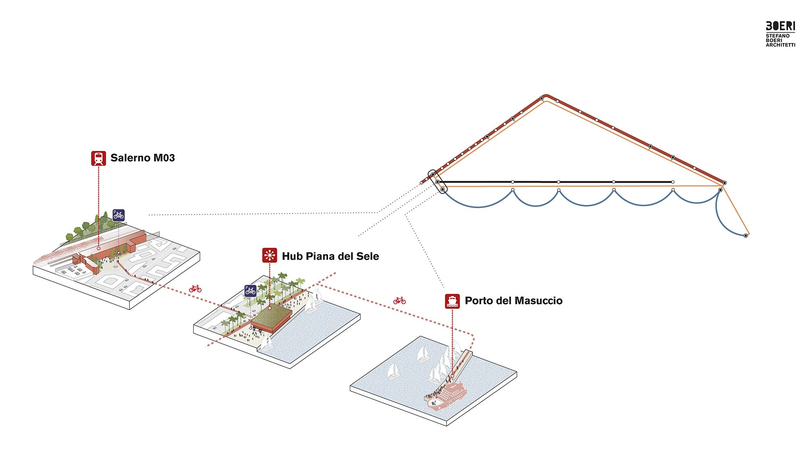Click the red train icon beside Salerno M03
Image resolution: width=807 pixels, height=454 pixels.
(98, 158)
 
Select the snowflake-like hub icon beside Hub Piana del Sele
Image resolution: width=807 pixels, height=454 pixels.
(270, 255)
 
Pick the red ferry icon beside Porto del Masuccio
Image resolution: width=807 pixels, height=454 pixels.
(452, 301)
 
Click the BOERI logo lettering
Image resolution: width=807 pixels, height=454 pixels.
(780, 26)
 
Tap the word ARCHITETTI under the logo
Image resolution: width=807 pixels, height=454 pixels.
(780, 45)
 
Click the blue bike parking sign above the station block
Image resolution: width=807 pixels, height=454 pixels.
(119, 215)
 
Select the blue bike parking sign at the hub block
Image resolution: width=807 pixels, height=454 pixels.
(250, 291)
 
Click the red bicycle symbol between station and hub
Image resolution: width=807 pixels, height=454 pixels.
(195, 289)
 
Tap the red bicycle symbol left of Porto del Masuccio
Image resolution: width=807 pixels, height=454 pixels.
(399, 301)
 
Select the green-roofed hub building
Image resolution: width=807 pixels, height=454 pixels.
(272, 317)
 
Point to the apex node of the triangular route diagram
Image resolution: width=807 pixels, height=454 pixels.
(542, 98)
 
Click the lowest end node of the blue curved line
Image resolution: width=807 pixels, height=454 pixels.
(746, 236)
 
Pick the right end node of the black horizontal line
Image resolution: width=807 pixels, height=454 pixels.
(673, 182)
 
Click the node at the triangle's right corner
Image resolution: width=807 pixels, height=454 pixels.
(724, 183)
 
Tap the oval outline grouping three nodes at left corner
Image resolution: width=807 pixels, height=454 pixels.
(438, 182)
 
